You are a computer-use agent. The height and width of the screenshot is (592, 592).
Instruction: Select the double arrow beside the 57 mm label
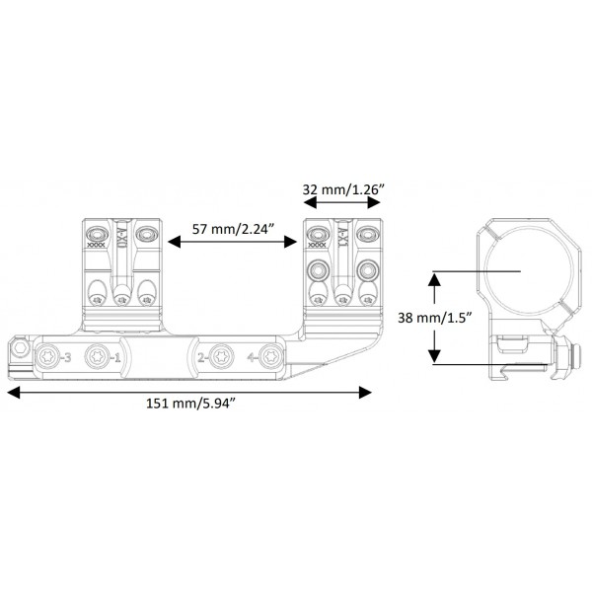[232, 241]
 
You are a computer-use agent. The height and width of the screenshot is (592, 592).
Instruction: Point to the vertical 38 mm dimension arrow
[432, 318]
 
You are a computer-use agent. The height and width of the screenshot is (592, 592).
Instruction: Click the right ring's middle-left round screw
[318, 269]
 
